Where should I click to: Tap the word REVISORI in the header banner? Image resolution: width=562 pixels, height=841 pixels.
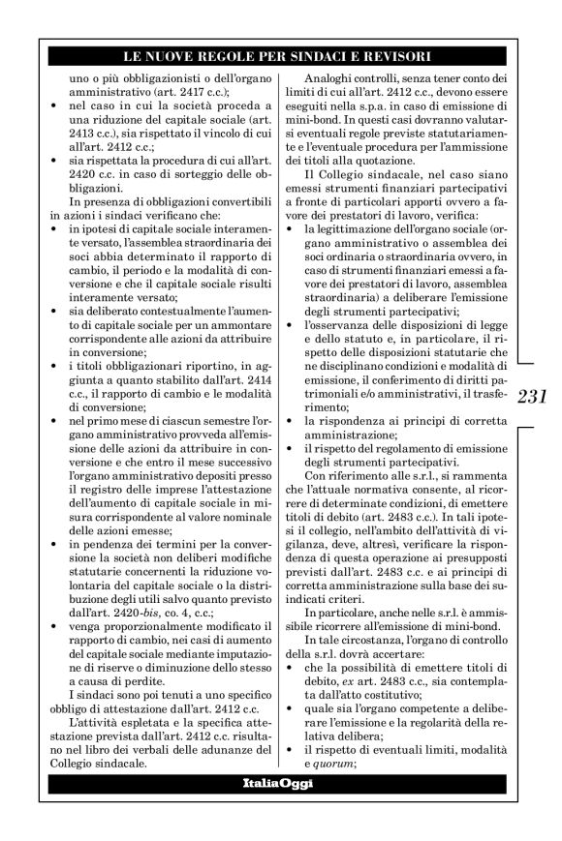point(394,57)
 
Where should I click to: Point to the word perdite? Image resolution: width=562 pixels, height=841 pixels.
point(140,674)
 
